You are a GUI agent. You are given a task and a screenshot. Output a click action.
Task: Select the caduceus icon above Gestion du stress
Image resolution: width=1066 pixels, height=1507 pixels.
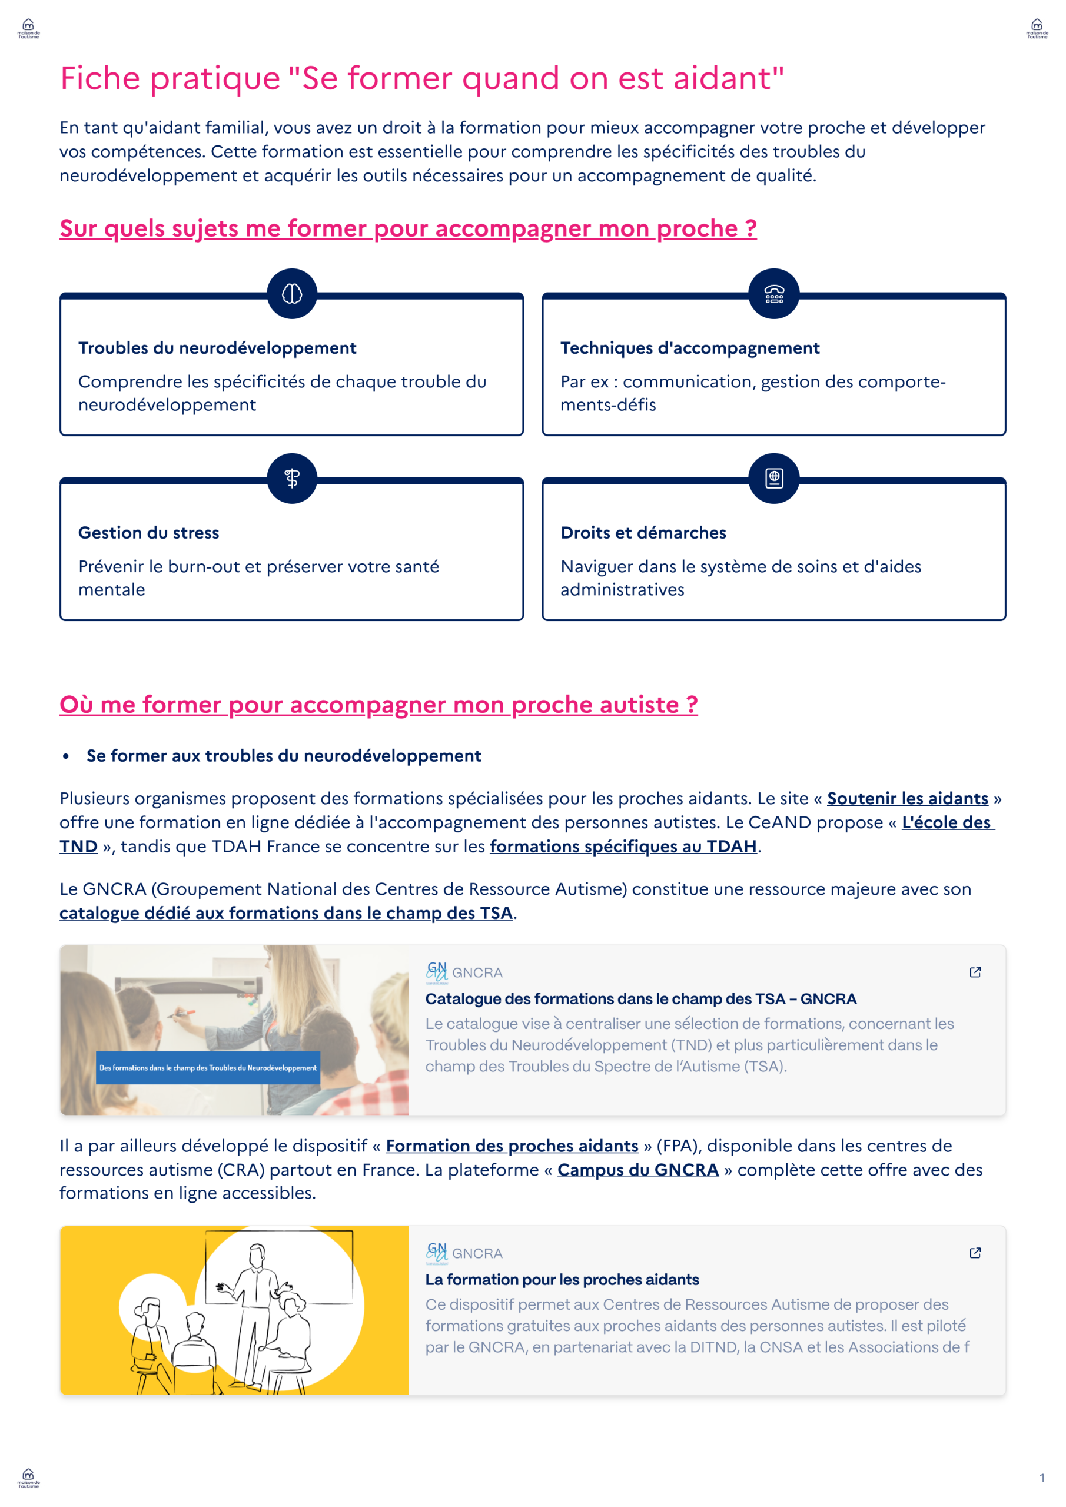pyautogui.click(x=292, y=478)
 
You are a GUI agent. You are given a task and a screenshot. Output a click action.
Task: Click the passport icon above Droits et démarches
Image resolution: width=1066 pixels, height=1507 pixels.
pyautogui.click(x=774, y=478)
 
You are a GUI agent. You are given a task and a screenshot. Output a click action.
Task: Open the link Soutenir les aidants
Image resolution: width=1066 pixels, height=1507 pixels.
pyautogui.click(x=907, y=798)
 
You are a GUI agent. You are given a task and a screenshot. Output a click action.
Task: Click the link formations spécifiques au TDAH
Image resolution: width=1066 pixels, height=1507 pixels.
pyautogui.click(x=623, y=846)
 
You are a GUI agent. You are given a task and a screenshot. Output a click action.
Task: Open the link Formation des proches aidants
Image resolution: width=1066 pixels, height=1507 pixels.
pyautogui.click(x=512, y=1146)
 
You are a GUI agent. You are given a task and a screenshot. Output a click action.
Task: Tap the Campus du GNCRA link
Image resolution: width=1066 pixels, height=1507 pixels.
pyautogui.click(x=638, y=1170)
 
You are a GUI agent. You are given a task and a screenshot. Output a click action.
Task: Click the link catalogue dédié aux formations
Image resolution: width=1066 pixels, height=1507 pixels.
pyautogui.click(x=285, y=913)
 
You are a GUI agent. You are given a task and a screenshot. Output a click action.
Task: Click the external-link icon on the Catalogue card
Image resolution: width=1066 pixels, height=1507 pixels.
pyautogui.click(x=975, y=972)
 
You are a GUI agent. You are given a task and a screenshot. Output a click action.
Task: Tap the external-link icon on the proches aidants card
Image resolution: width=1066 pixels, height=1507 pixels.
pyautogui.click(x=975, y=1253)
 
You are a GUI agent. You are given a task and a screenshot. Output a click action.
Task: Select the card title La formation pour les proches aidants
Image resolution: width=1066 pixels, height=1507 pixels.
pyautogui.click(x=562, y=1279)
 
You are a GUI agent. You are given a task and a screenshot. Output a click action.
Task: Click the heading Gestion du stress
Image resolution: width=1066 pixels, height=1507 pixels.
pyautogui.click(x=149, y=532)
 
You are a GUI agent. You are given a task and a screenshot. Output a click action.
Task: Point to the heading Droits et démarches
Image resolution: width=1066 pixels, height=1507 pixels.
pyautogui.click(x=643, y=532)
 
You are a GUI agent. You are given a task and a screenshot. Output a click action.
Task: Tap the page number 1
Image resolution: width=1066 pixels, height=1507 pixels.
pyautogui.click(x=1042, y=1478)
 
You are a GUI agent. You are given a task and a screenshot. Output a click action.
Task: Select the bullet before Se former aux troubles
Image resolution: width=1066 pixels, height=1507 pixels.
pyautogui.click(x=66, y=756)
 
